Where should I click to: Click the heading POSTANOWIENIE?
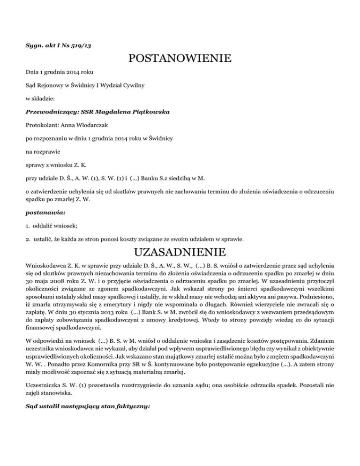[x=180, y=59]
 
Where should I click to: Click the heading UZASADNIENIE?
[x=180, y=252]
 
